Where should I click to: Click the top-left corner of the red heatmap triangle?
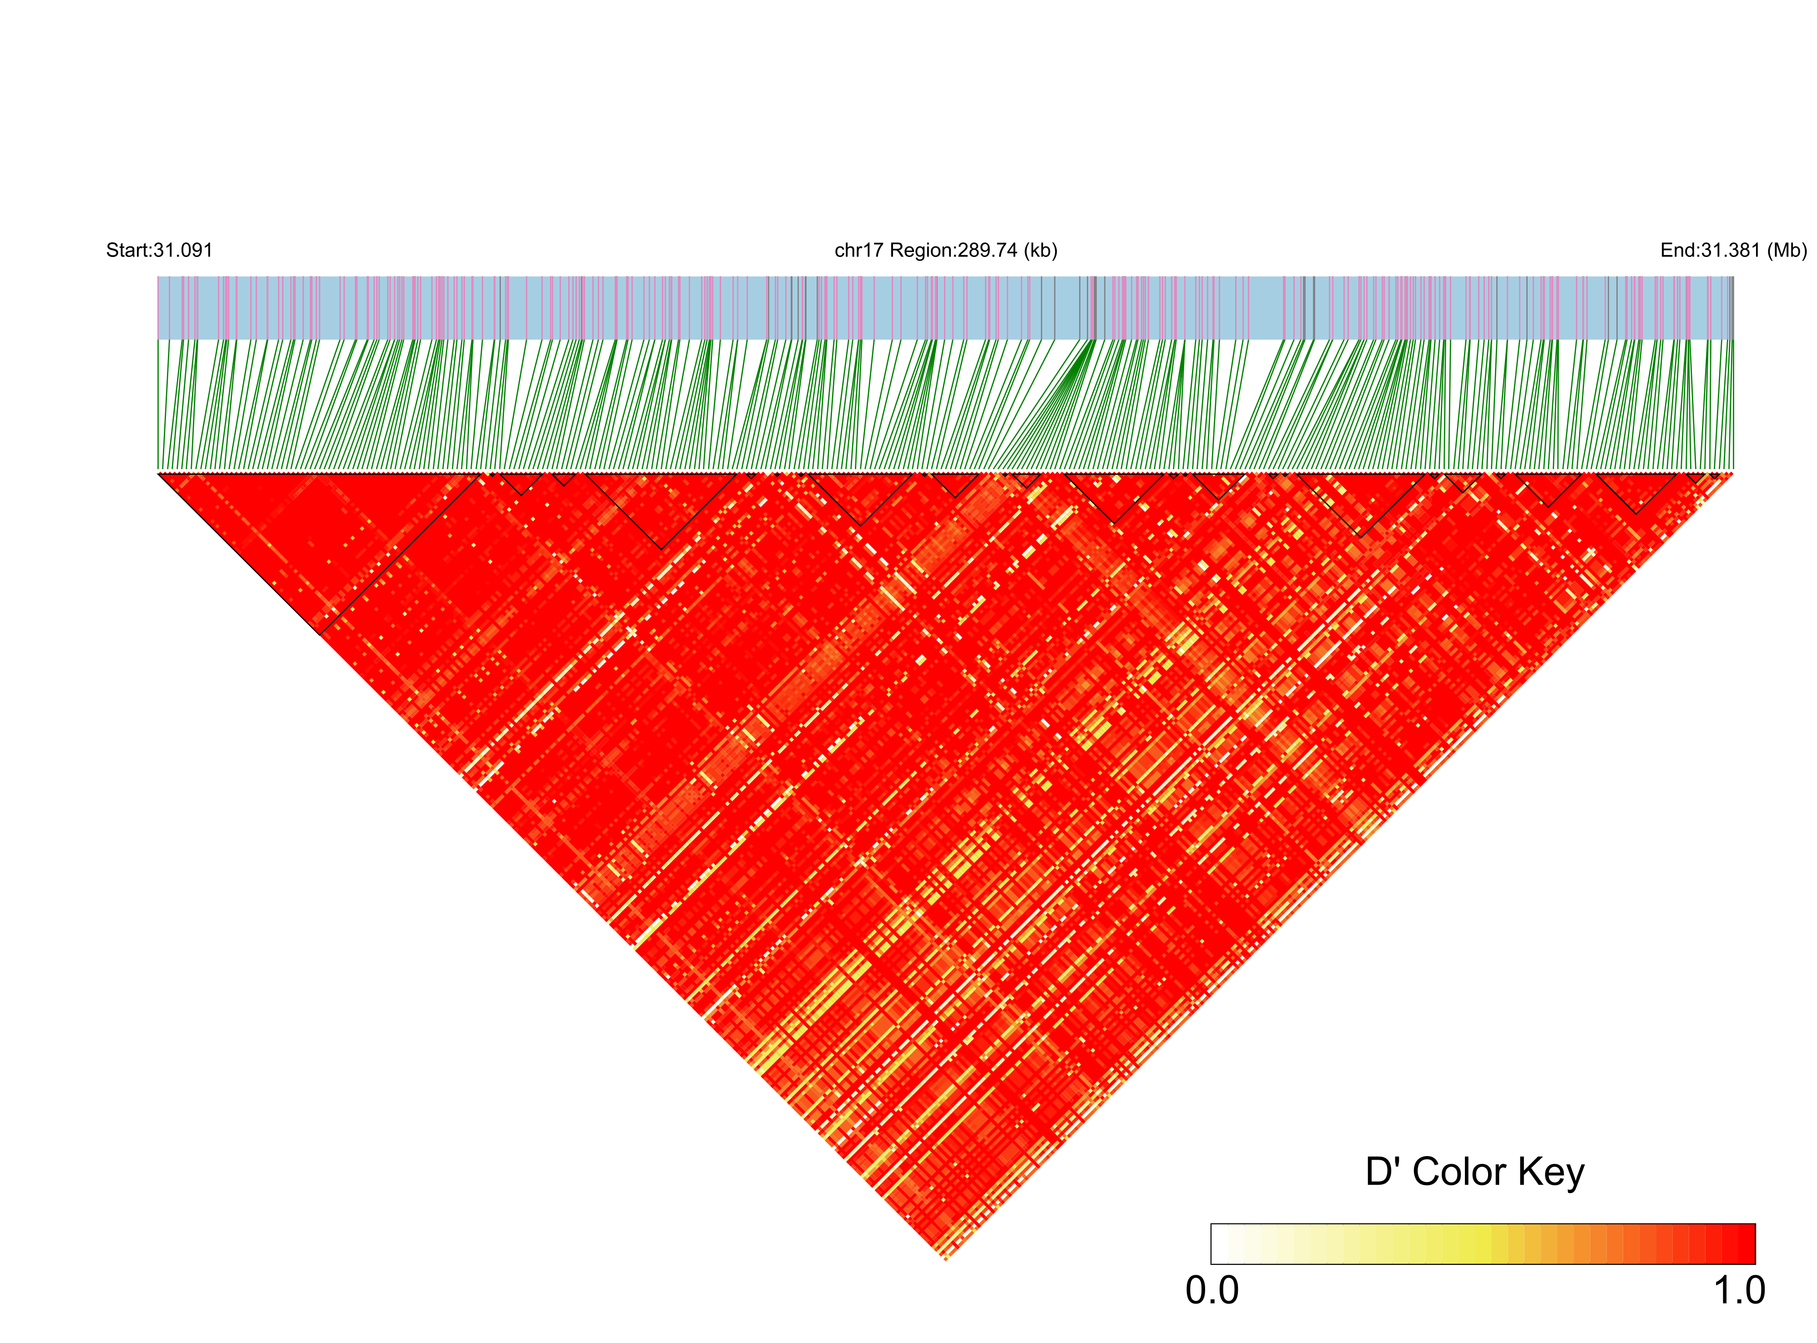pos(159,473)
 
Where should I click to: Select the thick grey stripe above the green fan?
pos(1094,307)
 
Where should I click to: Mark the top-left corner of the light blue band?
pos(158,277)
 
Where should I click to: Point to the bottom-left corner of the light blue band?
pos(158,338)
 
